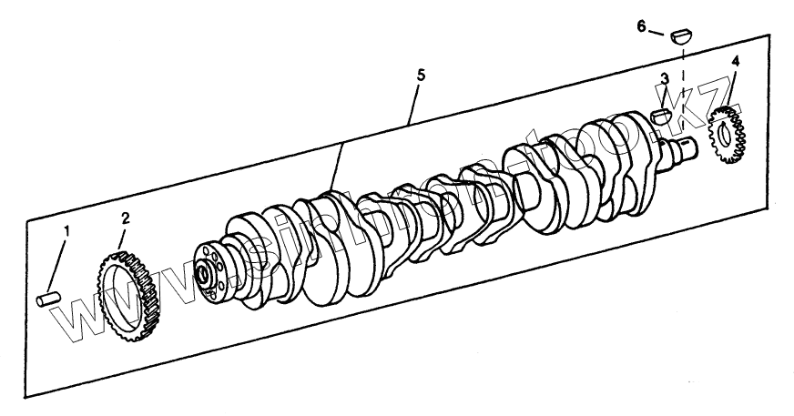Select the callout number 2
[126, 218]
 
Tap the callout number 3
[665, 79]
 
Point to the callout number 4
[735, 62]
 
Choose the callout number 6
[641, 26]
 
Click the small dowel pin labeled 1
[46, 298]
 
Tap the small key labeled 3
[662, 116]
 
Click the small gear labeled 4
[727, 137]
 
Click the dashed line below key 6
[681, 77]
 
